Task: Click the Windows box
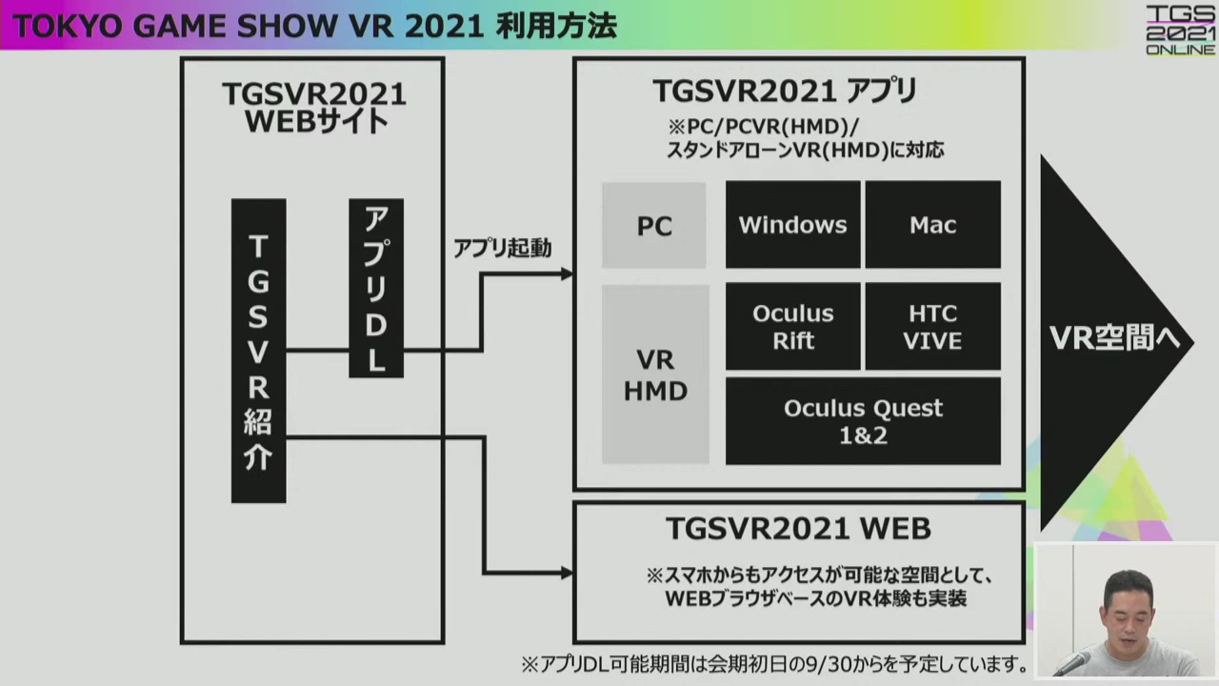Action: click(792, 225)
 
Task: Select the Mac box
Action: click(932, 225)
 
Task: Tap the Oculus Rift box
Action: click(792, 327)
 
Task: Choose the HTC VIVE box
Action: click(932, 327)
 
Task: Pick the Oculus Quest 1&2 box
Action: click(863, 421)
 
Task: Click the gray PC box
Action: click(654, 226)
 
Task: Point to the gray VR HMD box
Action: click(655, 374)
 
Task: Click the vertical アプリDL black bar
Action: click(376, 288)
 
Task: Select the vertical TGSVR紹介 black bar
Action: click(258, 351)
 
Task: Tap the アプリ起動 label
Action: click(502, 249)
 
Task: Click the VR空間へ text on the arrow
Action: click(1114, 338)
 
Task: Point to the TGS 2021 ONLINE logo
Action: click(1180, 29)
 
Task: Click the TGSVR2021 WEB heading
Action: click(798, 528)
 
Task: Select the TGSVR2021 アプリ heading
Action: click(785, 91)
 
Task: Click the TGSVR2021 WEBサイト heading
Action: click(313, 108)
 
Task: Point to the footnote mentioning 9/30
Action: click(774, 664)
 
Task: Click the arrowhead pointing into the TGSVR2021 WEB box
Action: click(567, 573)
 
